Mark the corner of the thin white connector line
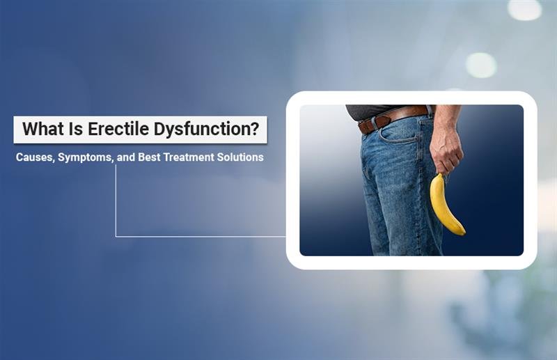coord(116,236)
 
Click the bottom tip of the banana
coord(462,232)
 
